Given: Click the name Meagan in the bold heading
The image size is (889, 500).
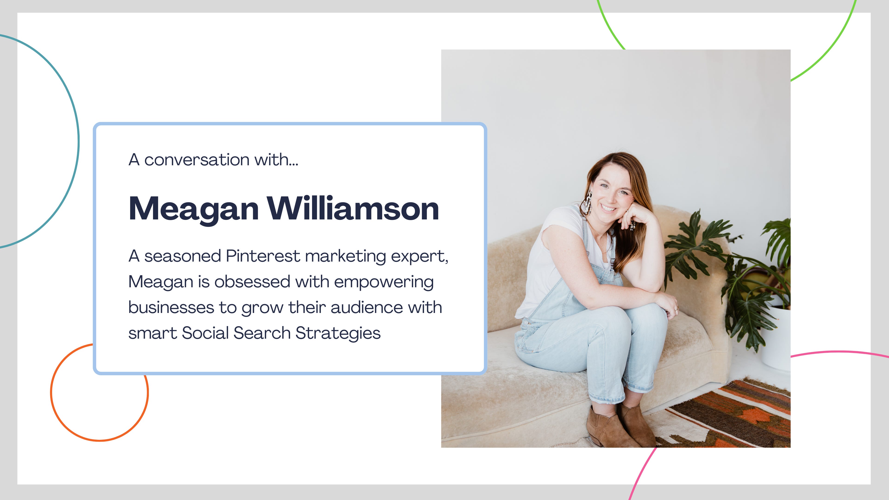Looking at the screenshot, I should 194,209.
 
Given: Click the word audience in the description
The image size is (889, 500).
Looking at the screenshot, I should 366,307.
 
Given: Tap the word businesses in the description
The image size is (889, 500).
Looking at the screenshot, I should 171,307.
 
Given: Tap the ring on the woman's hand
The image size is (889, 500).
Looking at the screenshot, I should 676,309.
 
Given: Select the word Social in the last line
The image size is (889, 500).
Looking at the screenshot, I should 205,333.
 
